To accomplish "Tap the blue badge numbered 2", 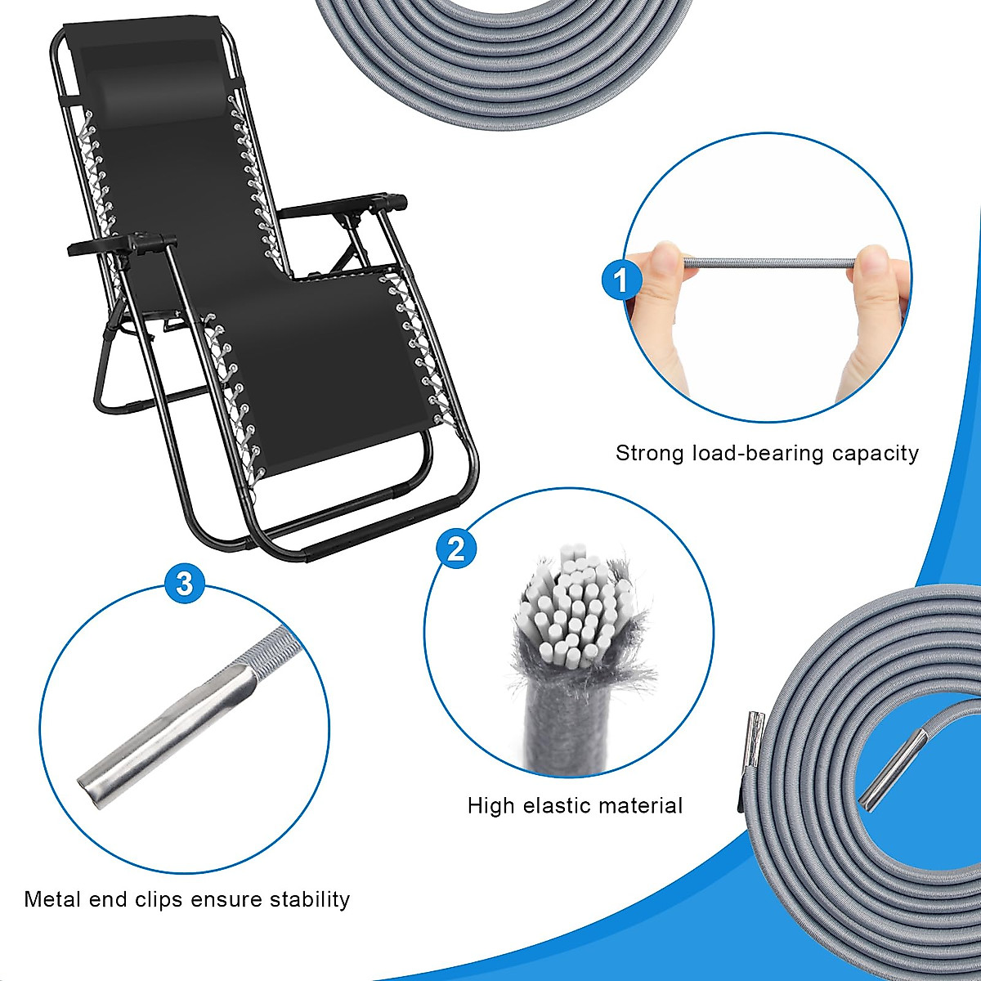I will pyautogui.click(x=456, y=548).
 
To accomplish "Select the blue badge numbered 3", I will pyautogui.click(x=185, y=584).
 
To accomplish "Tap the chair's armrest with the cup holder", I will pyautogui.click(x=123, y=244).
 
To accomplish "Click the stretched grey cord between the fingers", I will pyautogui.click(x=768, y=262).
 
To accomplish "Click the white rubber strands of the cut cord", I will pyautogui.click(x=572, y=605).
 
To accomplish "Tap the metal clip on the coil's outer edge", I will pyautogui.click(x=755, y=737).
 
